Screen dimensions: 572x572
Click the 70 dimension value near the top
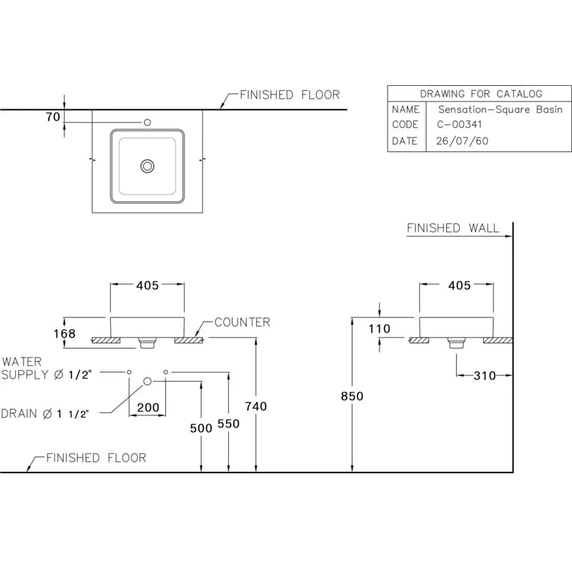53,118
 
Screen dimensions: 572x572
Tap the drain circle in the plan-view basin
148,166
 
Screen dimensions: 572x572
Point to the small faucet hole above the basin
148,122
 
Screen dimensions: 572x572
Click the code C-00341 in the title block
460,124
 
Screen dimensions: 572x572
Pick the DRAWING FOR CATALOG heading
480,94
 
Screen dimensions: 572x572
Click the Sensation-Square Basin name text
500,109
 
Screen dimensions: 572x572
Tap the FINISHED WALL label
453,228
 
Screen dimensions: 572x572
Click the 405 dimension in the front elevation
147,285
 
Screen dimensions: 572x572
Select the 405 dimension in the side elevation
459,285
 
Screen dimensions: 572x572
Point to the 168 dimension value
64,332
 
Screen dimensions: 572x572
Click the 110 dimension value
379,329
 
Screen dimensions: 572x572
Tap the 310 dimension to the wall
484,375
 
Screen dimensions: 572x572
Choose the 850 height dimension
352,396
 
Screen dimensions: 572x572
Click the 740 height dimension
255,406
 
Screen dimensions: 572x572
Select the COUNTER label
242,322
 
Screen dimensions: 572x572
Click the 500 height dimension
202,428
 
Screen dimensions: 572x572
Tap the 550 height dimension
228,423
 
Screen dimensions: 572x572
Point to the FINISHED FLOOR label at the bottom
96,458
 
